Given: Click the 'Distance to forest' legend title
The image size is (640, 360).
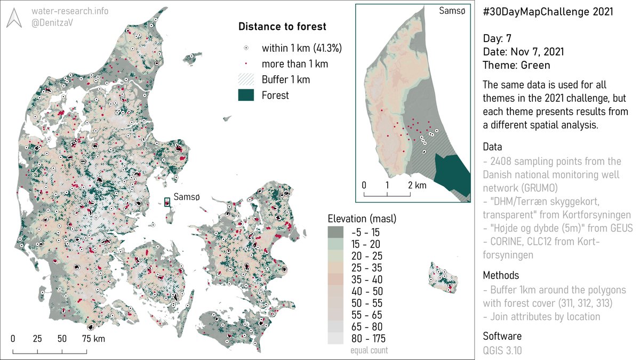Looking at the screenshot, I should pos(282,27).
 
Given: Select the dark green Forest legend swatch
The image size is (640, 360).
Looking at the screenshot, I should pos(247,95).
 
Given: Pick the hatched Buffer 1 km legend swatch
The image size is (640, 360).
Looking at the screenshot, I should pos(247,79).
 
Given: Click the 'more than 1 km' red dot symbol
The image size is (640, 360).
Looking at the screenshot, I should pos(247,64).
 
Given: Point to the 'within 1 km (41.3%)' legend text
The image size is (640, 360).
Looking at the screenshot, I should pos(301,48).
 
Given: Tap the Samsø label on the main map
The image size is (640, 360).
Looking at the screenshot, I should pos(187,197).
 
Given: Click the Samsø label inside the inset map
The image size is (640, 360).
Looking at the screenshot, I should pos(451,11).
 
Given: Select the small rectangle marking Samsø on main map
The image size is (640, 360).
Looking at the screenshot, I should pos(167,202).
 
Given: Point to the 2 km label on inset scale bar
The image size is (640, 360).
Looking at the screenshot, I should pos(418,185).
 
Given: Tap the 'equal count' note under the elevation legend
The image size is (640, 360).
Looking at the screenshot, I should pos(369,350).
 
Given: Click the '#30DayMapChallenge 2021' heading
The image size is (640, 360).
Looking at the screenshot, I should pos(548,12).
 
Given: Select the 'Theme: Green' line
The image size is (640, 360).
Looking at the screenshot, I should pos(516,65).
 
